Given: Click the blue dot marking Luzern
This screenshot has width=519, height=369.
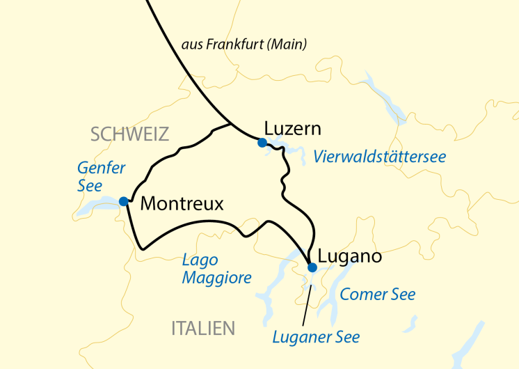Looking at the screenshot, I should [262, 143].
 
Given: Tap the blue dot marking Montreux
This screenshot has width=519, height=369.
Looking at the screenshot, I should [123, 201].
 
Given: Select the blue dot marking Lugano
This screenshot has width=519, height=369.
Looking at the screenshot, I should [312, 267].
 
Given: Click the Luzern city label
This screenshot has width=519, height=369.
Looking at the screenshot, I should [292, 129].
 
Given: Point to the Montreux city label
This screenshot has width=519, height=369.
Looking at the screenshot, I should [182, 203].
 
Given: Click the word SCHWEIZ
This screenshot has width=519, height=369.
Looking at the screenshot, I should [130, 134].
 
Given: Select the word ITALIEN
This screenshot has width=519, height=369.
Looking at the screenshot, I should [203, 328].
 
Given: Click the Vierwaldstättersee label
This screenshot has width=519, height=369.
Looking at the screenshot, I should [379, 157].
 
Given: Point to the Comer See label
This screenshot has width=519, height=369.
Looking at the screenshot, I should [378, 295].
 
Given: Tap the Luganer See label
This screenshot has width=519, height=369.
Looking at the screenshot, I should [317, 338].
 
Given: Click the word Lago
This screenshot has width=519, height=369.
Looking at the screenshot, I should [200, 260].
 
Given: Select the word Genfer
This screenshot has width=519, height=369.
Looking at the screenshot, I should [102, 168].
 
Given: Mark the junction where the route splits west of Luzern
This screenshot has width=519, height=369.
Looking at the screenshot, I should [232, 124].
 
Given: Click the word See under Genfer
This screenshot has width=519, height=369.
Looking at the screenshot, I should [90, 186].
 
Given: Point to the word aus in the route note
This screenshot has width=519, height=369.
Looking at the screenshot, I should [191, 45].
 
